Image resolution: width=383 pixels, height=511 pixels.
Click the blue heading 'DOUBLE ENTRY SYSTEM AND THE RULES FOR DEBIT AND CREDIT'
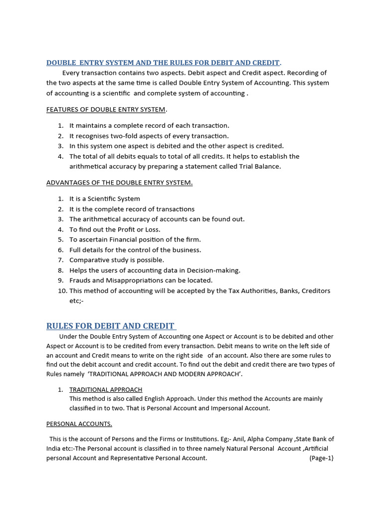click(x=163, y=63)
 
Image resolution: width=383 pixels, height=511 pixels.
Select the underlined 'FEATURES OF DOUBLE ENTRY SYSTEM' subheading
click(x=107, y=109)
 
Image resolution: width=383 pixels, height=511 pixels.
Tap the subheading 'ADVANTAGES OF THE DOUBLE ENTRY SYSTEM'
click(x=119, y=183)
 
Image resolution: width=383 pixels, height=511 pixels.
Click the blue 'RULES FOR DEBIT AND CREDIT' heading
click(x=111, y=326)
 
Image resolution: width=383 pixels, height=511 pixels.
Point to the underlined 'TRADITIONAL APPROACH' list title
click(x=106, y=389)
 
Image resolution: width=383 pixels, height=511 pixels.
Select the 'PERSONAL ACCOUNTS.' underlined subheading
click(x=79, y=424)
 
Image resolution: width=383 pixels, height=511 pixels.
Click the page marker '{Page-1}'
click(x=321, y=458)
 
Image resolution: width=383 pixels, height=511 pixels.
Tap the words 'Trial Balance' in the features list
click(x=261, y=167)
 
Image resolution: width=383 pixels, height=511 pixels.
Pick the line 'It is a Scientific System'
click(x=105, y=199)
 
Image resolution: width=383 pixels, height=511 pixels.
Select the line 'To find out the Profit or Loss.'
click(x=115, y=230)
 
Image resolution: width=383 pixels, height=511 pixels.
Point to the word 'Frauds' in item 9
click(x=80, y=280)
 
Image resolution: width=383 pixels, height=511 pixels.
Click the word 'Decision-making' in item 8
click(x=215, y=270)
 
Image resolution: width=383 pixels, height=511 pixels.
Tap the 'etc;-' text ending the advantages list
click(x=76, y=301)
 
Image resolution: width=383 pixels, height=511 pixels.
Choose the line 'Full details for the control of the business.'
click(x=135, y=250)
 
